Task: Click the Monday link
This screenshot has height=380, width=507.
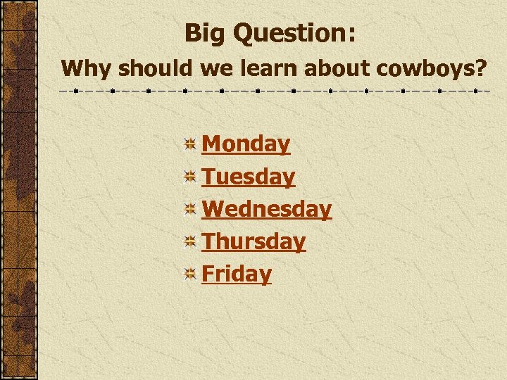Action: (x=246, y=144)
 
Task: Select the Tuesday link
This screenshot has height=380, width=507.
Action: (x=248, y=177)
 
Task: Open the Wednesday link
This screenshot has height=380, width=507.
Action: (x=266, y=209)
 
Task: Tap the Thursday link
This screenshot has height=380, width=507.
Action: (x=254, y=241)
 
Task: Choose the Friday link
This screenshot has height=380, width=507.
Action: (x=236, y=274)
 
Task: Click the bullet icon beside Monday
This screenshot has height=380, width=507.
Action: (x=189, y=145)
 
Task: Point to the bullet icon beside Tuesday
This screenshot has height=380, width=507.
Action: (x=189, y=177)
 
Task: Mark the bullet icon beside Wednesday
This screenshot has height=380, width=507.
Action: (x=189, y=210)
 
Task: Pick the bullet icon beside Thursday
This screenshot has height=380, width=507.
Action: (x=189, y=242)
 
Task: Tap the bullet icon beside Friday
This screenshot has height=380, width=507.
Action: (x=189, y=274)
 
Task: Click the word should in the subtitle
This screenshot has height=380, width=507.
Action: (x=155, y=69)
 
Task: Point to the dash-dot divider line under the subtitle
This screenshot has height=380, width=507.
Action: (x=275, y=91)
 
